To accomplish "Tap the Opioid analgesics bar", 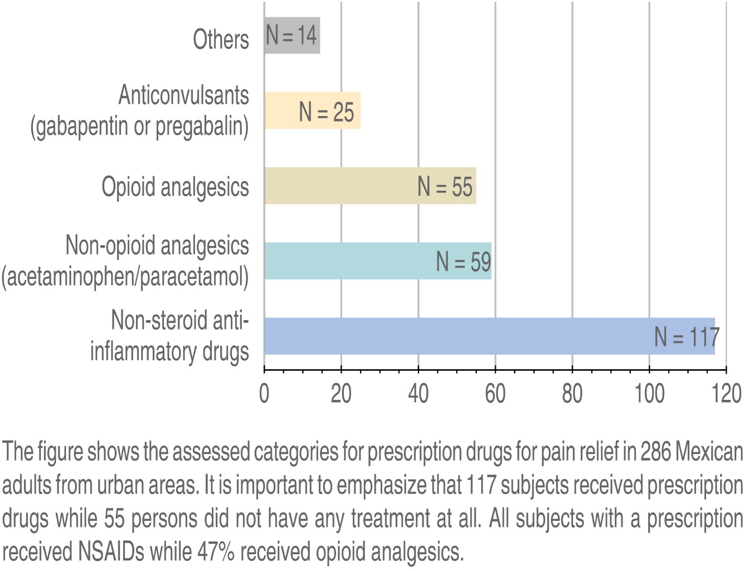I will pos(340,186).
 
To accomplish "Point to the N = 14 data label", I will pos(291,35).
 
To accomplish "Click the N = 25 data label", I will pos(327,112).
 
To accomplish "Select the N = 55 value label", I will pos(445,187).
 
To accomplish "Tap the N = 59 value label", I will pos(464,262).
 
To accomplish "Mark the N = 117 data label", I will pos(687,337).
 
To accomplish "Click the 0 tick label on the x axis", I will pos(264,393).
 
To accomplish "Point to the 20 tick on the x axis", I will pos(341,393).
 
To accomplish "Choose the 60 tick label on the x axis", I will pos(495,393).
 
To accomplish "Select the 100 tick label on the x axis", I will pos(649,393).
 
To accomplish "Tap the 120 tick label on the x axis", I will pos(726,393).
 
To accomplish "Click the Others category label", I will pos(221,40).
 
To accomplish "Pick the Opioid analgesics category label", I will pos(175,187).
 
